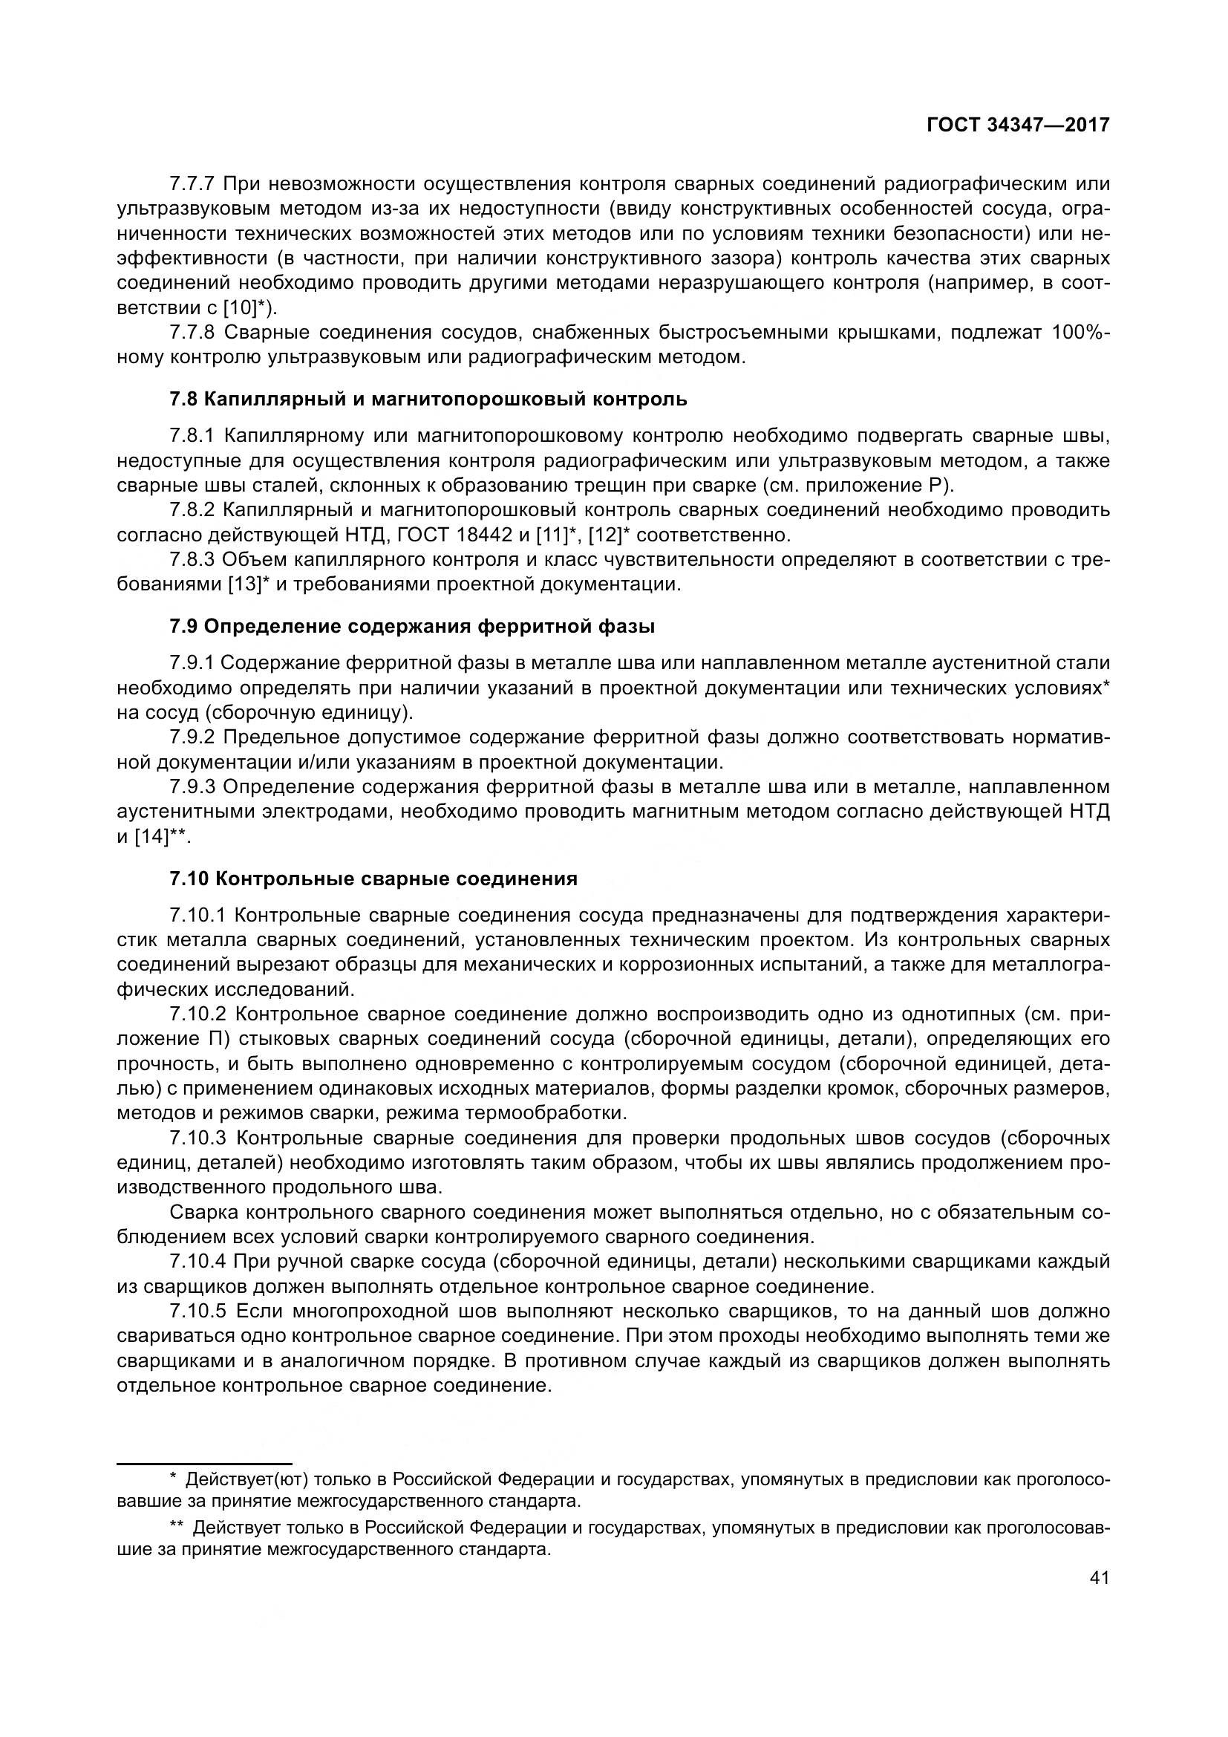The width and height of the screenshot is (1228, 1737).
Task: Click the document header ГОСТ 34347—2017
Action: pos(1018,125)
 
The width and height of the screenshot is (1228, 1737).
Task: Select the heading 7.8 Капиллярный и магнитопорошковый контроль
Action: pos(428,399)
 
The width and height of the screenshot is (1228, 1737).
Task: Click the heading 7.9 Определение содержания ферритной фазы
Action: pos(412,627)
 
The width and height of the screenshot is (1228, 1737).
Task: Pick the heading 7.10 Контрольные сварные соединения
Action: pos(373,879)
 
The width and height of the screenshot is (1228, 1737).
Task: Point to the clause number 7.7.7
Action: pos(193,184)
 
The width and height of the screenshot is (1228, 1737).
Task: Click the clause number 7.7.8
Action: pos(193,332)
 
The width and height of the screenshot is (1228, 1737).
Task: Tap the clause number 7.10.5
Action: pos(198,1311)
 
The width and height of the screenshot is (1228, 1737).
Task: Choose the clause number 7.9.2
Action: pos(193,737)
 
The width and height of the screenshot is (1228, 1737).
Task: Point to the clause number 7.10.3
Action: pos(198,1138)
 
